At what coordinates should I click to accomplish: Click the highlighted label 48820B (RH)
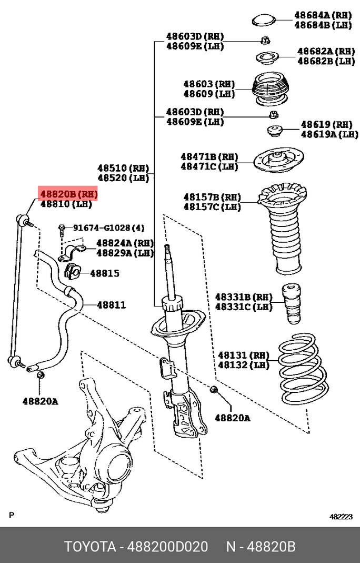coord(68,194)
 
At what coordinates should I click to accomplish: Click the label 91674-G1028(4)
coord(108,228)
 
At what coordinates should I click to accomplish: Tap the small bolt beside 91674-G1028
coord(62,229)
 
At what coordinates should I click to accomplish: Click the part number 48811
coord(112,305)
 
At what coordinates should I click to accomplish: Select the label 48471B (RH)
coord(209,156)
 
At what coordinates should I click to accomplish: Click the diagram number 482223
coord(341,517)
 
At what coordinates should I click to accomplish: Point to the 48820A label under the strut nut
coord(232,418)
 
